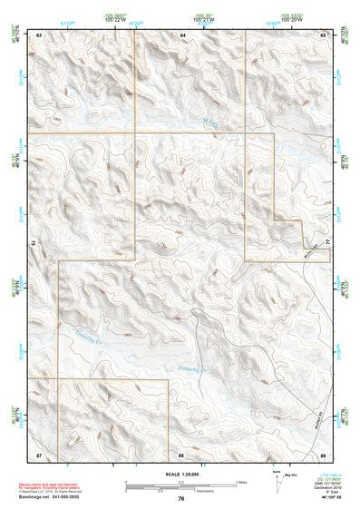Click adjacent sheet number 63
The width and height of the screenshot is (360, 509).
coord(40,34)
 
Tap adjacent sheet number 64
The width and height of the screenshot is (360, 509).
coord(182,34)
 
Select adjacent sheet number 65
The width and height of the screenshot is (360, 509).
coord(322,34)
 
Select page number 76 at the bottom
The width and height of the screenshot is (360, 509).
coord(181,498)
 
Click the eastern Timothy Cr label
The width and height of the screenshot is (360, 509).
coord(191,368)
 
